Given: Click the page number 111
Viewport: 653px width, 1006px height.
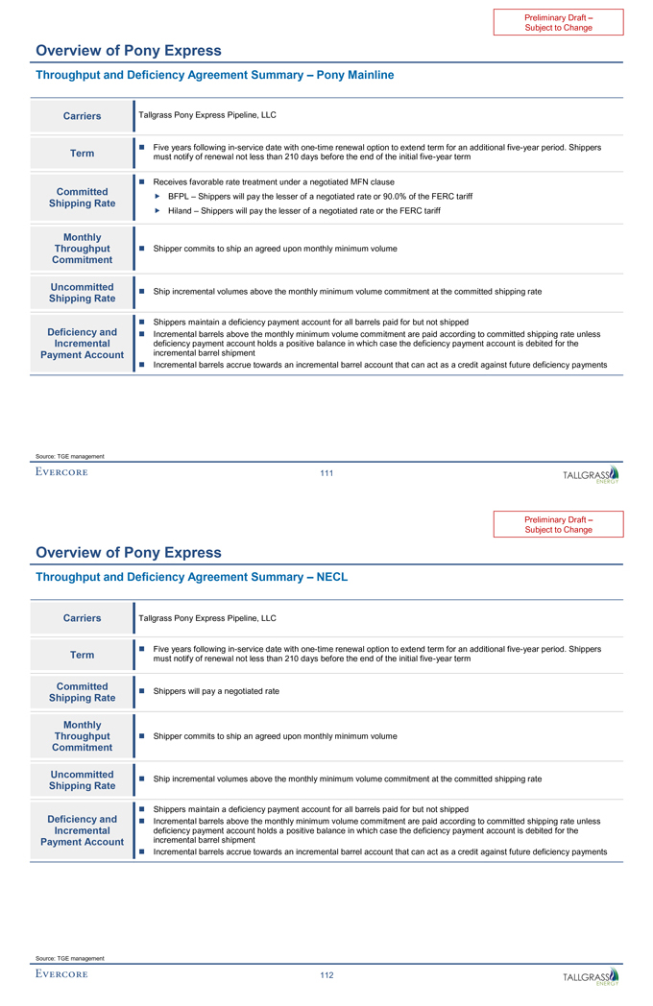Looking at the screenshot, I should tap(326, 472).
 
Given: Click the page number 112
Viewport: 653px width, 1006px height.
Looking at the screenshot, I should tap(326, 975).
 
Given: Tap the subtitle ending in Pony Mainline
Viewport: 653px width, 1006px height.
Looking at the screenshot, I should tap(214, 75).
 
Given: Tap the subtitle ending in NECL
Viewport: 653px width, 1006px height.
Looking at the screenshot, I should tap(191, 577).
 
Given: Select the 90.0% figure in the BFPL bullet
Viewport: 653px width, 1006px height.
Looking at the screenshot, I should tap(375, 196).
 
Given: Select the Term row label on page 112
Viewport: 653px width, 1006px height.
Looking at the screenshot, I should tap(82, 655).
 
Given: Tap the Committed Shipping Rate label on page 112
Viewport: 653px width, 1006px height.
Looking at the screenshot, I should tap(82, 692).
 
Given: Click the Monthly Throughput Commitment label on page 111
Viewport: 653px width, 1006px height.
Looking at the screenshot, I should tap(82, 248).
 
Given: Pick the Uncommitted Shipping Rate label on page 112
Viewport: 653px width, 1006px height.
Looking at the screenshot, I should tap(82, 779).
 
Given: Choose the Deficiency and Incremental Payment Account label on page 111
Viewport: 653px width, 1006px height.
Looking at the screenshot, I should tap(82, 344).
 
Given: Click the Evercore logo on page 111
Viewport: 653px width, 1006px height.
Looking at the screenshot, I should tap(61, 472).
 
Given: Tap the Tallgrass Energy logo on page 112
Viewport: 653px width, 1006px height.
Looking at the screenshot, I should tap(591, 976).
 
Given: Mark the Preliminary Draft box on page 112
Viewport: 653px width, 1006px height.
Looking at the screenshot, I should tap(558, 524).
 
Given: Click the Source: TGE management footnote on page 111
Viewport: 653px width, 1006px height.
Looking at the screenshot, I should tap(69, 456).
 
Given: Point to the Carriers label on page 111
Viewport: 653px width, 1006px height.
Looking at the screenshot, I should tap(82, 116).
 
